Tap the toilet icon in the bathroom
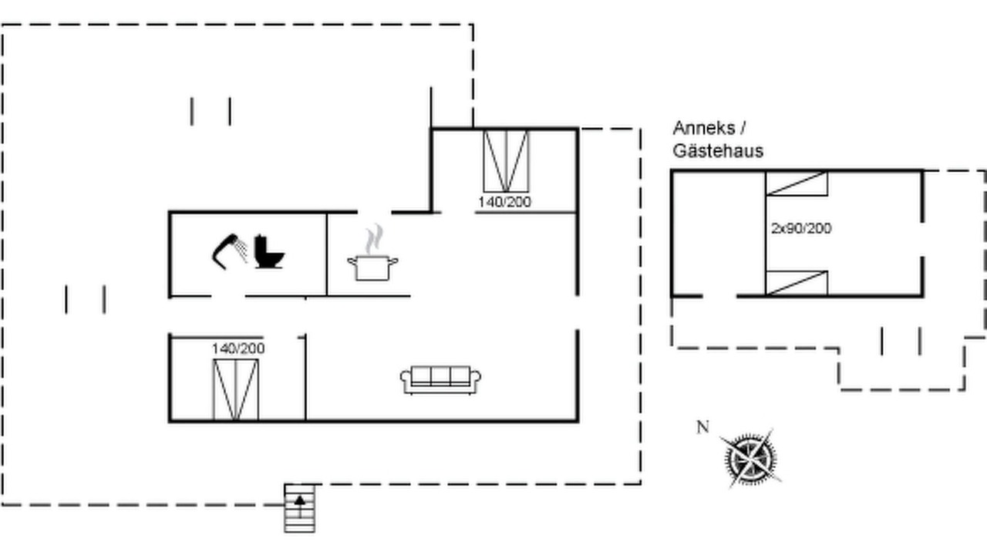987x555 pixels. (x=268, y=251)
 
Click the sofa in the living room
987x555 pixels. (x=440, y=380)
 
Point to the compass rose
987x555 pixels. (x=750, y=459)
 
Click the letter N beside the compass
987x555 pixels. (x=702, y=427)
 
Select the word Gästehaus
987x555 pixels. (x=718, y=151)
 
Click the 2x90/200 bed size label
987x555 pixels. (x=801, y=228)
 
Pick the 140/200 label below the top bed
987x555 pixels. (x=504, y=202)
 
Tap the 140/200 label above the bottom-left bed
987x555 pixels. (x=238, y=348)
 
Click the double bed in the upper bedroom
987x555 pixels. (x=506, y=161)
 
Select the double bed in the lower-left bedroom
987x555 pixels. (x=236, y=390)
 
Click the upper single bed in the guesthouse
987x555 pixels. (x=797, y=183)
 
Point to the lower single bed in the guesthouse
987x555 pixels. (x=797, y=283)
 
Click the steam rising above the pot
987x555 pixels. (x=374, y=239)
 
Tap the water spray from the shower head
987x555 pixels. (x=241, y=249)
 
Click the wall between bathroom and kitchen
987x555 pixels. (x=326, y=254)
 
